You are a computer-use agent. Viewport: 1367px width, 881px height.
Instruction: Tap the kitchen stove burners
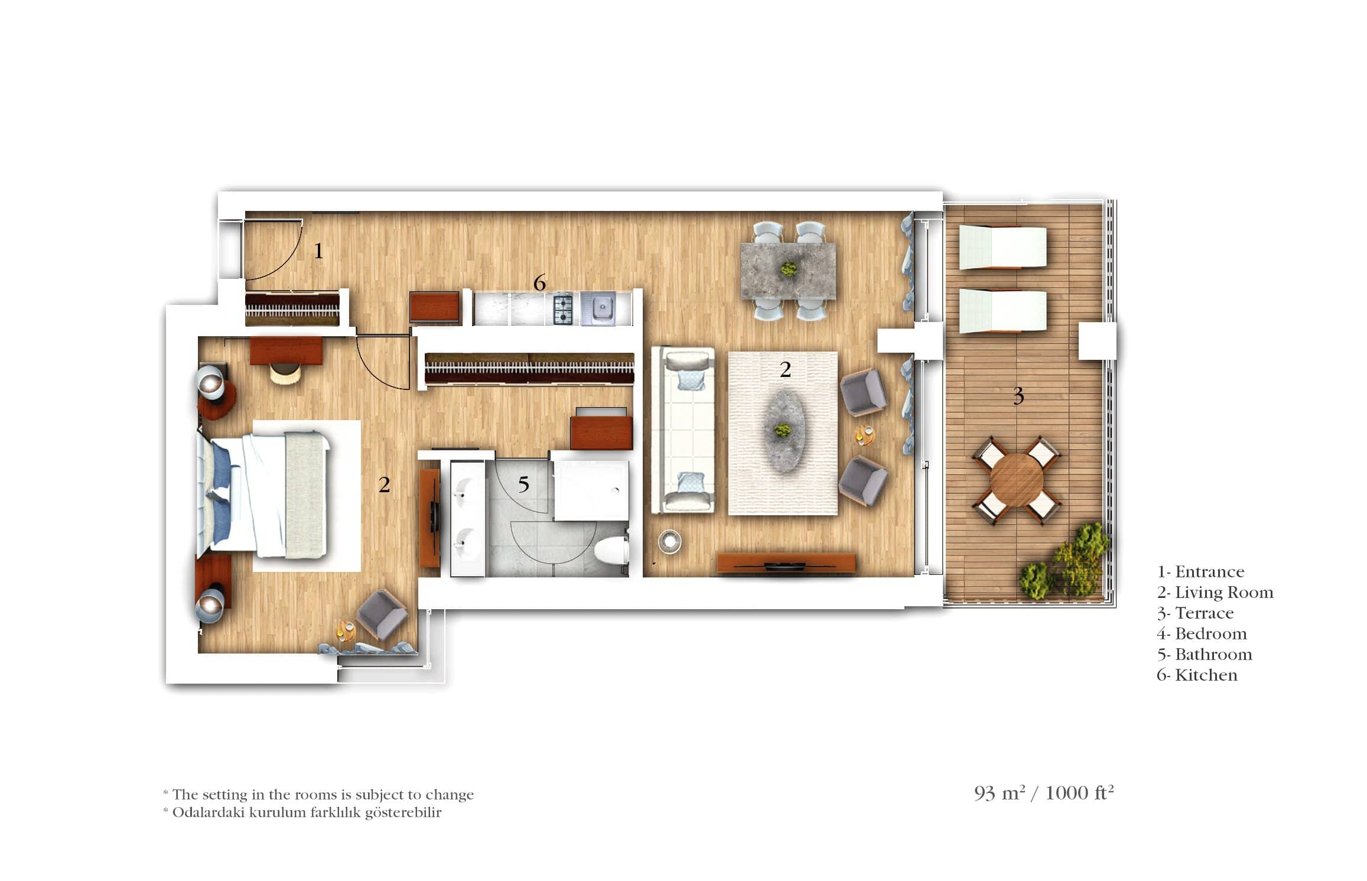pos(562,309)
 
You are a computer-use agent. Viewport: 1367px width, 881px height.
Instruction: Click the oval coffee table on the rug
pos(784,430)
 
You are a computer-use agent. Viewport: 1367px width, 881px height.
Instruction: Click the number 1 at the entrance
pos(318,251)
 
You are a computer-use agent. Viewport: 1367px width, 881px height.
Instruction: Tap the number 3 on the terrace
pos(1018,395)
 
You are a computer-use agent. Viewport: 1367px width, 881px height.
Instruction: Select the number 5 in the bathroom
pos(523,485)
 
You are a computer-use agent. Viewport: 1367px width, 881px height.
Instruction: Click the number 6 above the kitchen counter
pos(539,283)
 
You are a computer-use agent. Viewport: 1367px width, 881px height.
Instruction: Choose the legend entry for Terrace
pos(1195,613)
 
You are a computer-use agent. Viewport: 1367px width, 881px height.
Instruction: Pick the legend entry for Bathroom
pos(1205,654)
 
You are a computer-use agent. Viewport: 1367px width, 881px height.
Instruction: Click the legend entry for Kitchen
pos(1197,675)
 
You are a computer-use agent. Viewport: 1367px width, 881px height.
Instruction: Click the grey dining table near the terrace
pos(789,271)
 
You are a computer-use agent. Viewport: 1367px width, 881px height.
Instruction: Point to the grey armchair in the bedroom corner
pos(382,615)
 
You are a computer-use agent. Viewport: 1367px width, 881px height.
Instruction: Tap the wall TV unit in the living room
pos(786,563)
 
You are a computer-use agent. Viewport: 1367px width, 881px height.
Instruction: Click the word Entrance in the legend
pos(1209,571)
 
